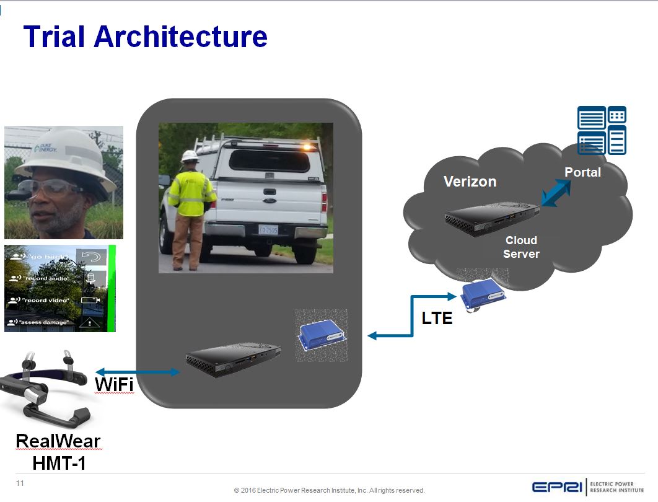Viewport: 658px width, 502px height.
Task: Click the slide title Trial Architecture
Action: point(146,37)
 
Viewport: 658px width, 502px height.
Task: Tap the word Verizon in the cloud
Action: point(470,182)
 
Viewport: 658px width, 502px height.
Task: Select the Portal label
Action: point(582,172)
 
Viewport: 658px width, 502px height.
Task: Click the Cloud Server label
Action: point(521,247)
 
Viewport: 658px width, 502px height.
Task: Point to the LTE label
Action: point(437,319)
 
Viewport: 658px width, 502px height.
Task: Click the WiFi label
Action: point(113,384)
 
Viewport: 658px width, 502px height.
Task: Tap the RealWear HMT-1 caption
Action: point(58,452)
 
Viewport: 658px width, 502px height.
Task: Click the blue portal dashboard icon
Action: point(602,130)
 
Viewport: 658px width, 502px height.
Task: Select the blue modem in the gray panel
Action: point(321,336)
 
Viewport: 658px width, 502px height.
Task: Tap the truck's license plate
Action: point(268,229)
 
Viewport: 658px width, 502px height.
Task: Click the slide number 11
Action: point(20,483)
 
